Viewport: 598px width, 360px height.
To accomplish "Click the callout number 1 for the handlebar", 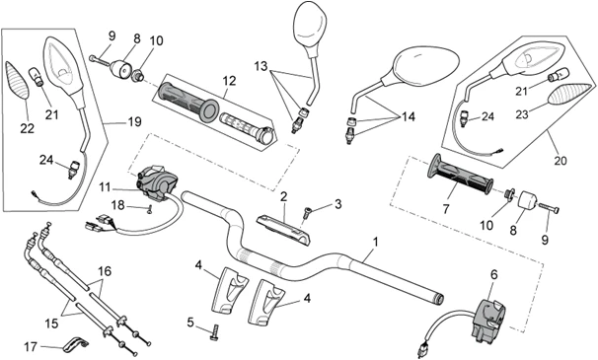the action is point(376,243).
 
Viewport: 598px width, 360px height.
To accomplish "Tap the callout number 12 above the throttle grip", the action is point(229,81).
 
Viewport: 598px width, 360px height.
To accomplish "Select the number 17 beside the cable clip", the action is point(31,347).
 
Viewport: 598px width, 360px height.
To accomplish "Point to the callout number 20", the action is point(561,161).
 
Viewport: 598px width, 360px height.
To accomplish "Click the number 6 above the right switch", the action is point(493,274).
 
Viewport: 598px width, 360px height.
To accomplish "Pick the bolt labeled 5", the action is point(214,332).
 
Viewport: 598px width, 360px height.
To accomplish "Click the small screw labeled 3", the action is point(307,212).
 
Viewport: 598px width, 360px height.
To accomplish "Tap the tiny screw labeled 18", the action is point(150,208).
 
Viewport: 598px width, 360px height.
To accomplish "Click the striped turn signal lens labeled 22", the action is point(17,81).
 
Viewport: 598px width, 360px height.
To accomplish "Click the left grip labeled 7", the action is point(460,174).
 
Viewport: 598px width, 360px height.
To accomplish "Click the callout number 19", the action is point(134,122).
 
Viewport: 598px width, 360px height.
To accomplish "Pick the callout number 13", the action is point(262,66).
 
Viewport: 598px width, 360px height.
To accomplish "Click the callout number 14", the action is point(408,116).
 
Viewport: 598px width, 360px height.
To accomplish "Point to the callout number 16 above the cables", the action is point(105,271).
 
